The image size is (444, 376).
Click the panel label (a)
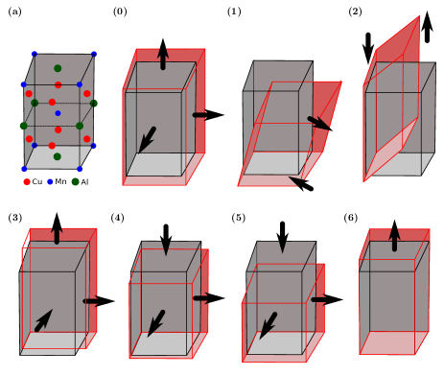coord(14,12)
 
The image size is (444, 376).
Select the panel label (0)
coord(120,12)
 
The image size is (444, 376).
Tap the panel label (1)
coord(234,12)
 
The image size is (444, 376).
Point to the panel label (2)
coord(355,12)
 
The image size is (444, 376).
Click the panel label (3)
coord(15,218)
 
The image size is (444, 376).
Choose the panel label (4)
coord(117,218)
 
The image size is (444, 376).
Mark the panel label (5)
coord(239,218)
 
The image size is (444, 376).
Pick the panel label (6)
coord(351,218)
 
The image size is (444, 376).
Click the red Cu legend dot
coord(27,182)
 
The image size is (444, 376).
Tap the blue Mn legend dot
coord(50,182)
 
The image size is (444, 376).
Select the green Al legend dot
coord(76,182)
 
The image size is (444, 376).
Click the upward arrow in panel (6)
coord(395,235)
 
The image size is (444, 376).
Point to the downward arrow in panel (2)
coord(368,48)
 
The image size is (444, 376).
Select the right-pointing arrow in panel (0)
coord(208,115)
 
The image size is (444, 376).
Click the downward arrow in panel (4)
coord(166,240)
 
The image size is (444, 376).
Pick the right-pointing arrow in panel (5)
coord(327,299)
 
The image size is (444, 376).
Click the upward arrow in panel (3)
coord(57,228)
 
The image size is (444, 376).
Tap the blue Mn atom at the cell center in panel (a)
coord(58,113)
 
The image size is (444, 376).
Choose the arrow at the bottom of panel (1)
coord(301,183)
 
